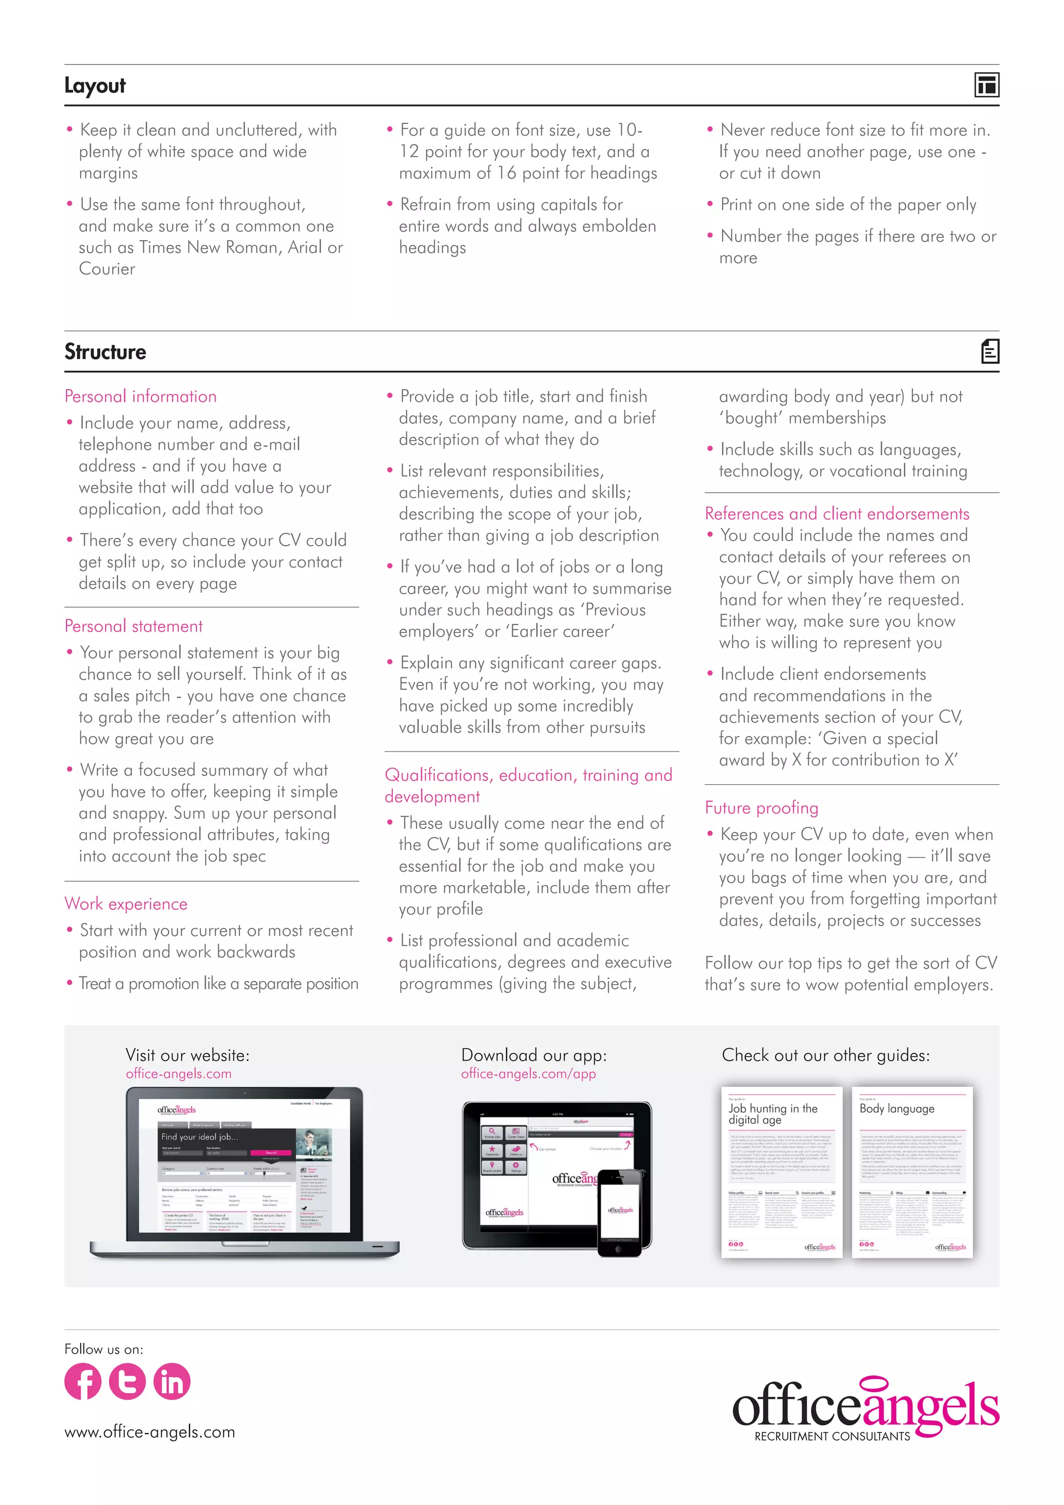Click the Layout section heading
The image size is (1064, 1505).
95,86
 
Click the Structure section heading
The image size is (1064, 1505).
105,352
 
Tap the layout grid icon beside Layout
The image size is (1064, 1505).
987,85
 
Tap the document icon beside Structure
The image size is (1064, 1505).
990,351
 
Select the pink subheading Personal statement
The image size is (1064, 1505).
134,626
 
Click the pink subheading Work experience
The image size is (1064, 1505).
126,904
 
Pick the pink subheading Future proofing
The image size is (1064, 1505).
761,808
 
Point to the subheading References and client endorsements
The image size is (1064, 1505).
836,513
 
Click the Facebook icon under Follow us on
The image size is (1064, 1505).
83,1381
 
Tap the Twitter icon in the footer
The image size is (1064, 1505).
127,1381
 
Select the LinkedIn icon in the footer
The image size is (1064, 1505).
171,1381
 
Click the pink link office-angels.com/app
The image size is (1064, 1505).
528,1074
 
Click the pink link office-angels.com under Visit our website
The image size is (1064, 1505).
178,1074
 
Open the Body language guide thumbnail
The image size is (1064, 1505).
912,1173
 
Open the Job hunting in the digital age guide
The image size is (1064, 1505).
781,1173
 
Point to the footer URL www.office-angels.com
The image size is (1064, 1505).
150,1432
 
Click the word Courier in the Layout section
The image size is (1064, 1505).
107,269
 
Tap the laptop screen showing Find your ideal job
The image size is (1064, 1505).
244,1166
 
